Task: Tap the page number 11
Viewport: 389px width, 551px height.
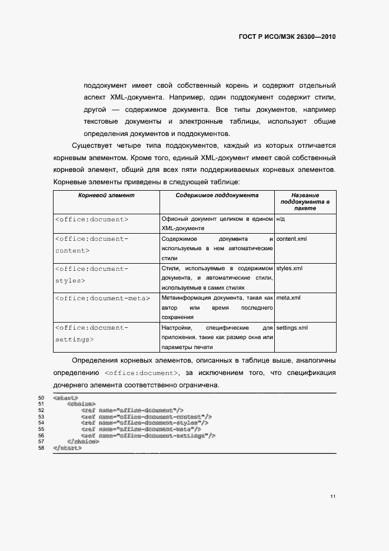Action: (333, 497)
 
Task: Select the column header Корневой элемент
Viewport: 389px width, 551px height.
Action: (107, 195)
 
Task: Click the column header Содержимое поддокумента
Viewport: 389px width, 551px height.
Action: (217, 195)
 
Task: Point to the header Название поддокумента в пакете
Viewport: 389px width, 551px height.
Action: (305, 201)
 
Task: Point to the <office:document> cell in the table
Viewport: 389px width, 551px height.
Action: (91, 219)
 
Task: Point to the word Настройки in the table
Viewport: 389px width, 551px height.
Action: (175, 327)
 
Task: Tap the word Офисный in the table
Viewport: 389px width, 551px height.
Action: (174, 219)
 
